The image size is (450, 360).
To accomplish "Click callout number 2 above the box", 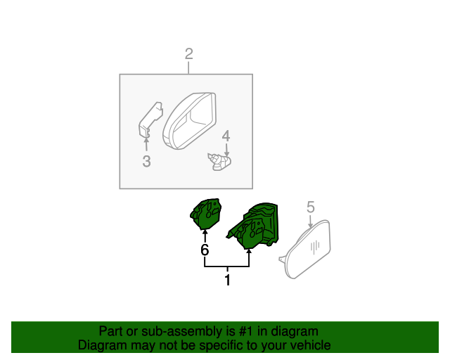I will tap(188, 53).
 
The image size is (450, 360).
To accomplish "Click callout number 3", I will tap(146, 162).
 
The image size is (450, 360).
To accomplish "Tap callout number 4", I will tap(226, 135).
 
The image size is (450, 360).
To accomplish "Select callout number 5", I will tap(310, 207).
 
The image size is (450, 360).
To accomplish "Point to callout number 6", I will tap(205, 250).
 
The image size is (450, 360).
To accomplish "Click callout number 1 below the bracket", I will tap(227, 281).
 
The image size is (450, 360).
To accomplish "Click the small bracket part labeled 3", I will tap(148, 118).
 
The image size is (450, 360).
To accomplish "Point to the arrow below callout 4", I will tap(226, 148).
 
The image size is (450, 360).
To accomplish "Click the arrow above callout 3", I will tap(146, 145).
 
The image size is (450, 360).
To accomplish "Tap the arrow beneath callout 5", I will tap(310, 219).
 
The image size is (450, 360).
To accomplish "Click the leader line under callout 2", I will tap(188, 67).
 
